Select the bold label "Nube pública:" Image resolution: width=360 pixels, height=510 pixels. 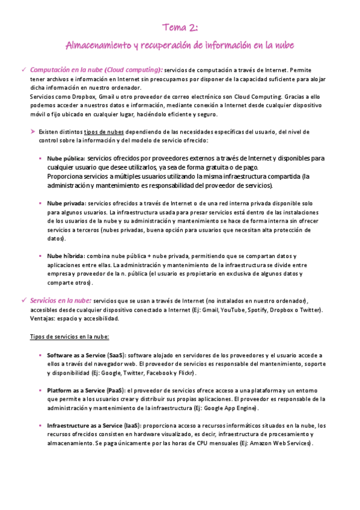pyautogui.click(x=66, y=158)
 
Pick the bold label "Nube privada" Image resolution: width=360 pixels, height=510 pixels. pyautogui.click(x=66, y=203)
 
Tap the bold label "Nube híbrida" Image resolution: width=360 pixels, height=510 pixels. pyautogui.click(x=66, y=256)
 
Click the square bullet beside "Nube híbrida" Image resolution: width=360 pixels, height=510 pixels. pyautogui.click(x=40, y=256)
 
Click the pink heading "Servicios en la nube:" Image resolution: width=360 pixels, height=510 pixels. pyautogui.click(x=61, y=300)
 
